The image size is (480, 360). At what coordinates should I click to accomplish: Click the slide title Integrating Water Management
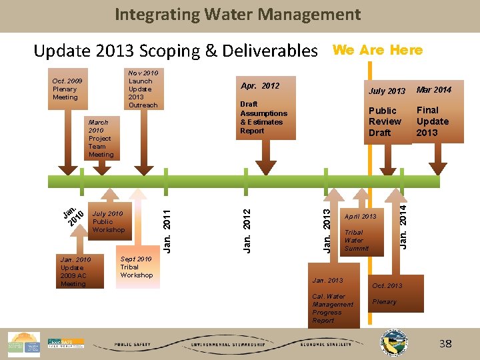(238, 14)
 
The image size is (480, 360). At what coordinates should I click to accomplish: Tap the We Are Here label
(377, 50)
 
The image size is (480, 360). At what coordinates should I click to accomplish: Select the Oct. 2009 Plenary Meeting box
(65, 89)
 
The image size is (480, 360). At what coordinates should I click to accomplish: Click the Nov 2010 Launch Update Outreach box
(143, 89)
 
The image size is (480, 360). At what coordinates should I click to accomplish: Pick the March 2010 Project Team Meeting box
(101, 139)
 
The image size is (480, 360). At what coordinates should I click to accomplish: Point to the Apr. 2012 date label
(260, 86)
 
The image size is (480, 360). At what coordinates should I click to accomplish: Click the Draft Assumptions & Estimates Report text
(263, 117)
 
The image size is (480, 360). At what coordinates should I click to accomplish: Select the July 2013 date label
(387, 91)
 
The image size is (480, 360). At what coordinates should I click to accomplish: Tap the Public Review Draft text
(385, 121)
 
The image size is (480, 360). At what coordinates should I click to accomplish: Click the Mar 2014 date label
(433, 89)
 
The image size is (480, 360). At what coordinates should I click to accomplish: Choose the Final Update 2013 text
(433, 121)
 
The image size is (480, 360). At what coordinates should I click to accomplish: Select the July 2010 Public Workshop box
(108, 221)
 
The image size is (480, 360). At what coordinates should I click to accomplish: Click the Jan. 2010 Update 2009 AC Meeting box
(75, 271)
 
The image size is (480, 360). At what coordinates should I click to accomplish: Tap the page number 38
(445, 344)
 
